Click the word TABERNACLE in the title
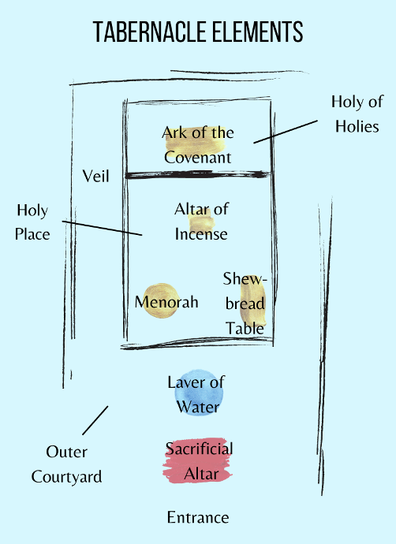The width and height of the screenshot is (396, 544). [150, 32]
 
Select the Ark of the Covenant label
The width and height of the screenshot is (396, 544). [198, 145]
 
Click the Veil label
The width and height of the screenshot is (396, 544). [95, 177]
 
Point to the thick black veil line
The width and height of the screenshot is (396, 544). [197, 174]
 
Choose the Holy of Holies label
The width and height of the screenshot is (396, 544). [357, 114]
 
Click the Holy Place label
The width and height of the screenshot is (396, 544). [32, 222]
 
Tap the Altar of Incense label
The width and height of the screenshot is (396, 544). [201, 222]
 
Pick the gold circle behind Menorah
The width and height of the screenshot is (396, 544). [160, 301]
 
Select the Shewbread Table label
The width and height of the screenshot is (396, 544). [245, 304]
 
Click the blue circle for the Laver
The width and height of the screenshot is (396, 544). [199, 393]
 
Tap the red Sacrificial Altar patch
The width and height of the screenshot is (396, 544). [198, 460]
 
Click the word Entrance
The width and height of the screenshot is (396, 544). [198, 518]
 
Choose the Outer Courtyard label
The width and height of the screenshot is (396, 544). [66, 464]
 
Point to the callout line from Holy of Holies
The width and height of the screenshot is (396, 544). [286, 132]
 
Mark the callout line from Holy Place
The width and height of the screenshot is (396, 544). [102, 228]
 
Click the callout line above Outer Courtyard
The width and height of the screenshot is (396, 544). [95, 420]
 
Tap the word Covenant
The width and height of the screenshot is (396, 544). [198, 158]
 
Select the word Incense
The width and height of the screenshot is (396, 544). [201, 234]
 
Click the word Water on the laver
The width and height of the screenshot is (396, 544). [198, 407]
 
